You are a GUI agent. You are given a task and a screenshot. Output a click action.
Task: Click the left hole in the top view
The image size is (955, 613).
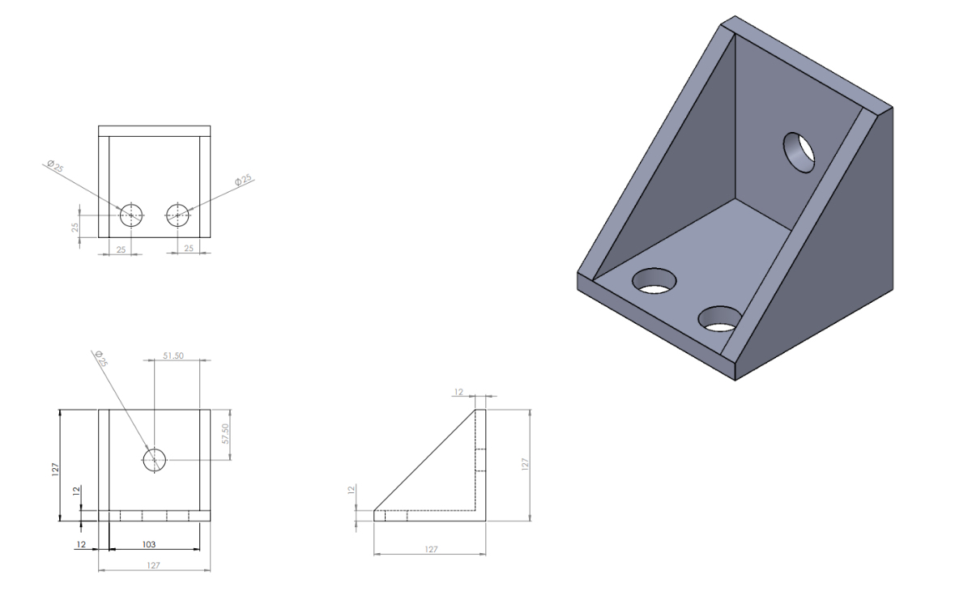point(131,215)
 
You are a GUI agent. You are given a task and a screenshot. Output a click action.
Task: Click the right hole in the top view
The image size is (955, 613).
point(177,215)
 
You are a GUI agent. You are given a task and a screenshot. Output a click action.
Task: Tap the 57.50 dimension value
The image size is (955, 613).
point(225,433)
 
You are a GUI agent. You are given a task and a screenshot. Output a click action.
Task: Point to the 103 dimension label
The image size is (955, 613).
point(151,544)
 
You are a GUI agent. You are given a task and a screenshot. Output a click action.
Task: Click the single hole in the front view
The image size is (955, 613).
point(154,460)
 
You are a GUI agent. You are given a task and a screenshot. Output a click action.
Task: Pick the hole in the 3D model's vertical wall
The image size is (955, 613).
point(799,151)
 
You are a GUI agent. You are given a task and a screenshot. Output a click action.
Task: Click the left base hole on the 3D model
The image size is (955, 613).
point(654,280)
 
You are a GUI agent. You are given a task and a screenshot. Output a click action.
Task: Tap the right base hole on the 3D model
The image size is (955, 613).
point(720,318)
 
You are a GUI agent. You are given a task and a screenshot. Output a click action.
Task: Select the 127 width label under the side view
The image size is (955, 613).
point(431,549)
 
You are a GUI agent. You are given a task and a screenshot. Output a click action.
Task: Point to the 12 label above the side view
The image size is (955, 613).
point(458,392)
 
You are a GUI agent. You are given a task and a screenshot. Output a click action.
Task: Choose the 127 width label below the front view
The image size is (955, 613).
point(154,565)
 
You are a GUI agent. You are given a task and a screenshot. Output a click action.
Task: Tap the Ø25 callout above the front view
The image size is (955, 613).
point(100,359)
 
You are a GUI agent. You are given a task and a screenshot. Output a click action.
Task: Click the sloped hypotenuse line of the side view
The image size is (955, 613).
point(424,460)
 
